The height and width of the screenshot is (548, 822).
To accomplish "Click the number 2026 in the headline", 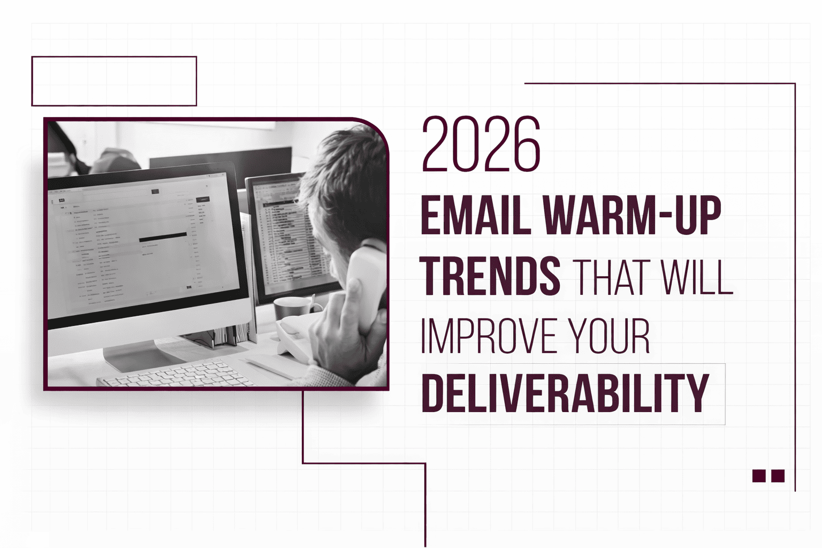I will pos(481,144).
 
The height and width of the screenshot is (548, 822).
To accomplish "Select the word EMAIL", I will pos(475,216).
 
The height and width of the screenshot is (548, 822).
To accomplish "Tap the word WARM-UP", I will pos(632,216).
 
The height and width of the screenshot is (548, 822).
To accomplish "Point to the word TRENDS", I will pos(490,276).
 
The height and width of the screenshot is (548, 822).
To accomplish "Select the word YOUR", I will pos(610,337).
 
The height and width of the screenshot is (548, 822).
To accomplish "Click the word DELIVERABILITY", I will pos(565,394).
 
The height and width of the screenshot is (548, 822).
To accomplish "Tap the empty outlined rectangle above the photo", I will pos(114,81).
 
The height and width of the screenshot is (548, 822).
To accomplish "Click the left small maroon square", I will pos(759,476).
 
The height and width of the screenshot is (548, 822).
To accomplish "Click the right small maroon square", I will pos(778,476).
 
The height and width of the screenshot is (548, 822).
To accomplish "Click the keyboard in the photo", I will pos(177,374).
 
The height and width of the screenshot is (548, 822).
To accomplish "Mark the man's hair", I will pos(348,177).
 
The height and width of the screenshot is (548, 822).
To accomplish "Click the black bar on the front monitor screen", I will pos(163,237).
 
